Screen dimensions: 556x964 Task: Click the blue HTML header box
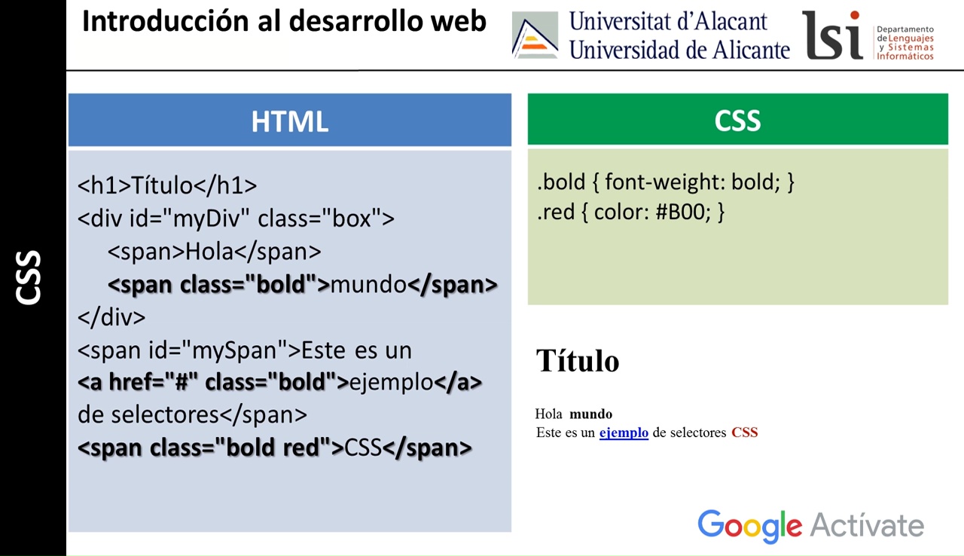(289, 121)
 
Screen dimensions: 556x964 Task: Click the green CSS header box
(737, 120)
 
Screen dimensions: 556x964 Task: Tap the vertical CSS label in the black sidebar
(29, 277)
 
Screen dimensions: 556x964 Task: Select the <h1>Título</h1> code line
(167, 185)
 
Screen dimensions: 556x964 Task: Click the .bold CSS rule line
(666, 182)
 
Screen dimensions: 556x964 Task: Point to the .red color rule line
(630, 212)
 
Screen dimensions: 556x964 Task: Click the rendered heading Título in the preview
(577, 361)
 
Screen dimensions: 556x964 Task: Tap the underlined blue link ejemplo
(624, 432)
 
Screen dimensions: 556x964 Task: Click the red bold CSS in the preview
(744, 432)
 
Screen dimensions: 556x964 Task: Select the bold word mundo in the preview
(590, 414)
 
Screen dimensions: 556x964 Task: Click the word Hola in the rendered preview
(548, 414)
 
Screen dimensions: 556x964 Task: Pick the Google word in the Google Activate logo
(749, 526)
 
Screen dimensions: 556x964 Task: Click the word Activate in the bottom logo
(867, 526)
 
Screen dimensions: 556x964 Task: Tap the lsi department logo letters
(832, 35)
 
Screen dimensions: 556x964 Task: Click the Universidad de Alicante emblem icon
(535, 35)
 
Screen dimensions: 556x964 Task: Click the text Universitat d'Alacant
(668, 20)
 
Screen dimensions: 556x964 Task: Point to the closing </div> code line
(111, 317)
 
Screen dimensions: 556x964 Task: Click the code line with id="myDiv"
(236, 218)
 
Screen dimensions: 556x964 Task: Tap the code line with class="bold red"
(275, 448)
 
